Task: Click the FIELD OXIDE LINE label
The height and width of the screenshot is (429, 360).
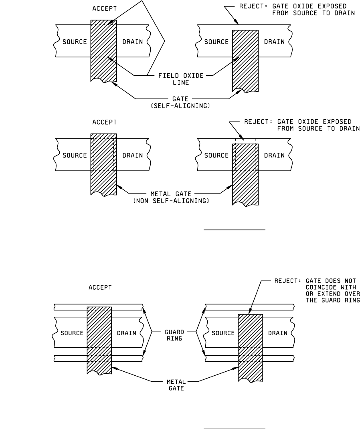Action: (x=181, y=79)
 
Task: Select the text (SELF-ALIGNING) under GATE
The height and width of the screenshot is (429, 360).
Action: (x=180, y=106)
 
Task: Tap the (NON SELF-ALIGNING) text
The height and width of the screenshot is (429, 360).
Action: (x=171, y=201)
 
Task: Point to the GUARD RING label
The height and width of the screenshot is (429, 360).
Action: (x=174, y=335)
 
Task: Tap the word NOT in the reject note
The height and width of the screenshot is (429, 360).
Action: (x=350, y=281)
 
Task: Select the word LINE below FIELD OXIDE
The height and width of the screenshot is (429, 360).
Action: (x=181, y=83)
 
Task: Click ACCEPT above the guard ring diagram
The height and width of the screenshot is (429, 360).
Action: (x=100, y=288)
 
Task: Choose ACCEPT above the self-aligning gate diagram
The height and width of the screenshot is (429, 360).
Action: (x=105, y=9)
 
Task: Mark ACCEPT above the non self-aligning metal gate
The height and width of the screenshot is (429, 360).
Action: (x=105, y=122)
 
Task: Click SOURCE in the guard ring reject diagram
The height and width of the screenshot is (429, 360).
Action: (x=223, y=333)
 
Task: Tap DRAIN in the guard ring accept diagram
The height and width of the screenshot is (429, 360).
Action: (x=126, y=333)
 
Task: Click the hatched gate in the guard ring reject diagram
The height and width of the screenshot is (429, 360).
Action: (x=251, y=348)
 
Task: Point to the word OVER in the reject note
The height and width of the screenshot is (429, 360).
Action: (x=352, y=294)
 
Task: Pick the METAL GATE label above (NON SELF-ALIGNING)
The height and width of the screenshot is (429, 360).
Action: (x=171, y=194)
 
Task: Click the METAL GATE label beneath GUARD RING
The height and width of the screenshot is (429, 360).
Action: (x=176, y=385)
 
